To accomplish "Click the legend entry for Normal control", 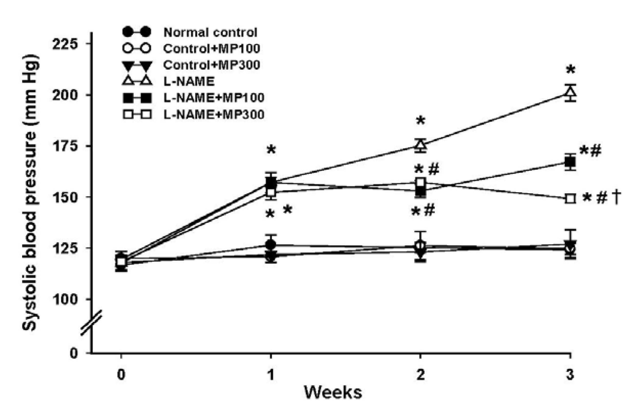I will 210,32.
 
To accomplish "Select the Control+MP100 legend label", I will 211,49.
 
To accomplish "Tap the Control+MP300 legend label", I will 211,65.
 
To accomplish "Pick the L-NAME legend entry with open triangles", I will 189,81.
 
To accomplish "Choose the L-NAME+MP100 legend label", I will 214,98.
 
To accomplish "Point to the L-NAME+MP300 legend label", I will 214,114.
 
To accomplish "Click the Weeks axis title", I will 333,393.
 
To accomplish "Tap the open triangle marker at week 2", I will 421,144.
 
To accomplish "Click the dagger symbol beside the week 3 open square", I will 617,198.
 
